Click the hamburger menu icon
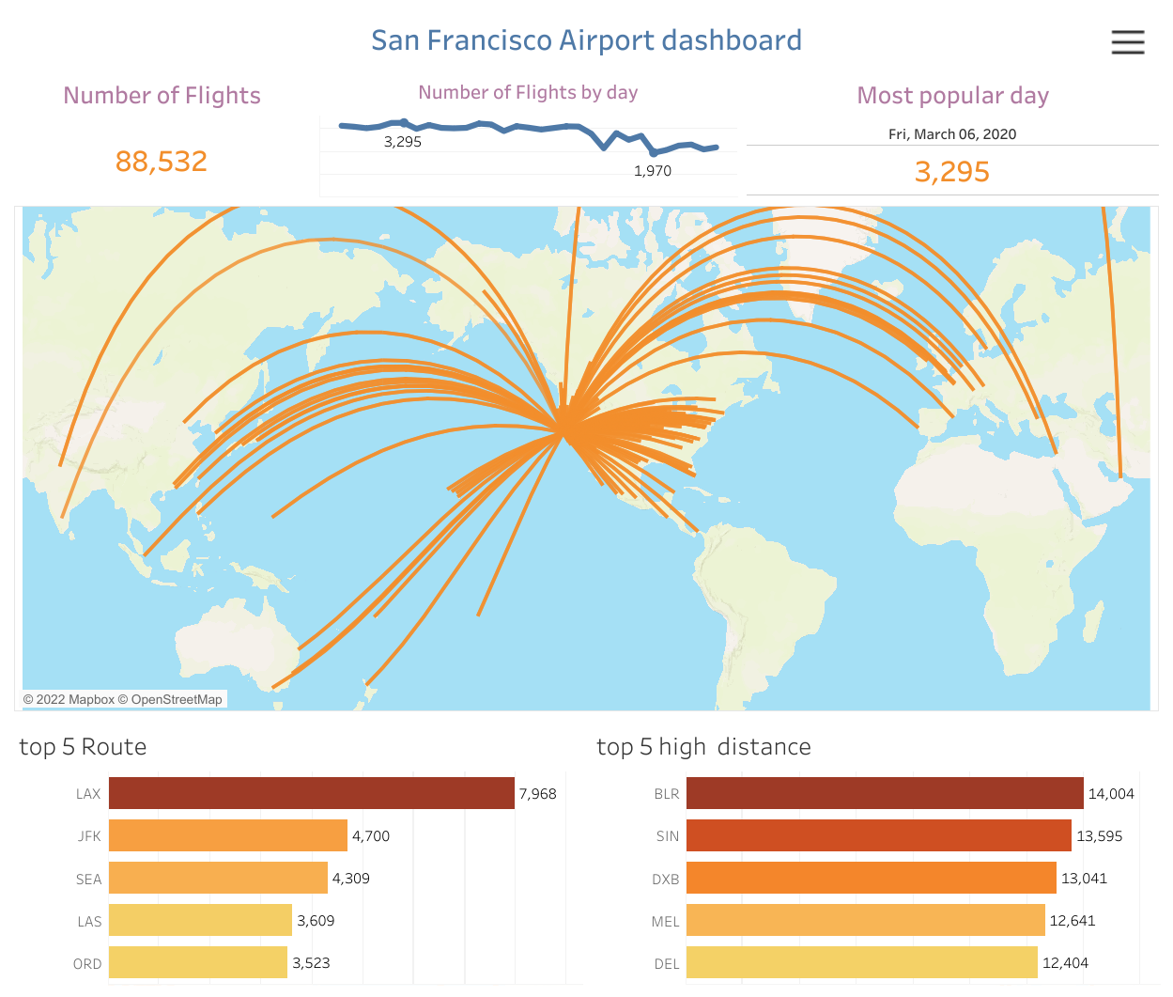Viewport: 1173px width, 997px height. pyautogui.click(x=1127, y=42)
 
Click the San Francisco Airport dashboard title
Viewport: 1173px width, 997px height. pyautogui.click(x=586, y=40)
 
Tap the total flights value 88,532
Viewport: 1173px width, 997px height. pyautogui.click(x=162, y=162)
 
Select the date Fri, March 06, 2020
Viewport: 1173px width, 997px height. pyautogui.click(x=952, y=134)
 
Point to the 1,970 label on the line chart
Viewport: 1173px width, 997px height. pyautogui.click(x=653, y=171)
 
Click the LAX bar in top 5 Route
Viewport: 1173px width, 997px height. pyautogui.click(x=311, y=793)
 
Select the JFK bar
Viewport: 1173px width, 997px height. pyautogui.click(x=227, y=835)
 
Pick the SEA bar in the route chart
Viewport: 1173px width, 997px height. pyautogui.click(x=218, y=878)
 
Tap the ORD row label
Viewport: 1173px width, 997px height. pyautogui.click(x=87, y=963)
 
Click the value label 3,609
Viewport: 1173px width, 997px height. pyautogui.click(x=316, y=921)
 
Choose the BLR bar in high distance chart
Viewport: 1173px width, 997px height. pyautogui.click(x=885, y=793)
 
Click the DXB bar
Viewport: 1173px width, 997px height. pyautogui.click(x=871, y=878)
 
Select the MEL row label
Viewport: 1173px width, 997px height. pyautogui.click(x=665, y=921)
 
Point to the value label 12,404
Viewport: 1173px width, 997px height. pyautogui.click(x=1065, y=963)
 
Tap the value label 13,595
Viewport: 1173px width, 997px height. pyautogui.click(x=1099, y=836)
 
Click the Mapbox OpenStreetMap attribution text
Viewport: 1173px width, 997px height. pyautogui.click(x=123, y=699)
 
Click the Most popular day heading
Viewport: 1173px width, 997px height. pyautogui.click(x=952, y=96)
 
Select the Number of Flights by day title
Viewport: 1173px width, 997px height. pyautogui.click(x=528, y=92)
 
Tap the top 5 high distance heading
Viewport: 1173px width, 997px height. pyautogui.click(x=703, y=747)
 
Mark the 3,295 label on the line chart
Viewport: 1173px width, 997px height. pyautogui.click(x=402, y=142)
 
